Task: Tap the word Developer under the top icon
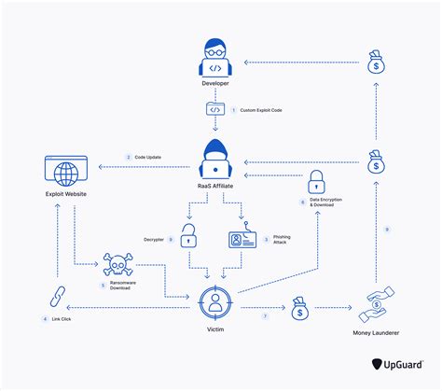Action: pyautogui.click(x=215, y=83)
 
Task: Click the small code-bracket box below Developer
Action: pyautogui.click(x=215, y=109)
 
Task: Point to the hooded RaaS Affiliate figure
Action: pyautogui.click(x=215, y=159)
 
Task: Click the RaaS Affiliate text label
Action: pyautogui.click(x=215, y=186)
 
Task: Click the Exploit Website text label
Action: pyautogui.click(x=65, y=193)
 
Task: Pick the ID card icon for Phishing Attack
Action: pyautogui.click(x=242, y=240)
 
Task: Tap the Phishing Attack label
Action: pyautogui.click(x=282, y=242)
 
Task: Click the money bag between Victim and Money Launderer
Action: pyautogui.click(x=300, y=309)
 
